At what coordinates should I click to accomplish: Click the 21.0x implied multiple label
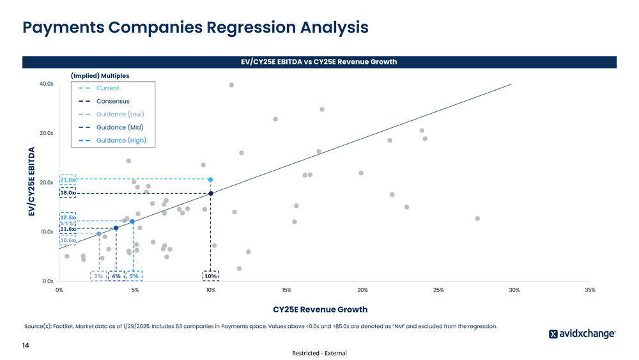[68, 180]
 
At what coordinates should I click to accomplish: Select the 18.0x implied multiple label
[68, 192]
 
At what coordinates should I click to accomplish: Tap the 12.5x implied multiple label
[68, 217]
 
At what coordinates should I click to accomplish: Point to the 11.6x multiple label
[68, 229]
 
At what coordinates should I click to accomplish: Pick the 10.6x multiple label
[68, 240]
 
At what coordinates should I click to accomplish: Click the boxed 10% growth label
[210, 276]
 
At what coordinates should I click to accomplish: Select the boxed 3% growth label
[98, 276]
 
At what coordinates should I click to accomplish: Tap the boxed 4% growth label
[116, 276]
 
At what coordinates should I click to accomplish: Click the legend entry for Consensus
[112, 101]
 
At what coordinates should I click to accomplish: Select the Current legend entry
[107, 88]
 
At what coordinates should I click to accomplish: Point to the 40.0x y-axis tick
[45, 84]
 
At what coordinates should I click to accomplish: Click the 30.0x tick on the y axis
[45, 133]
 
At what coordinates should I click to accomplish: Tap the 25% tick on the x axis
[438, 290]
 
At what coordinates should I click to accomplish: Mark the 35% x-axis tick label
[589, 290]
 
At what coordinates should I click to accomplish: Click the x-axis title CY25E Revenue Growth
[319, 309]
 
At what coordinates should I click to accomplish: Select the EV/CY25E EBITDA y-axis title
[31, 182]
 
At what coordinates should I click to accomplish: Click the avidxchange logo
[582, 334]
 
